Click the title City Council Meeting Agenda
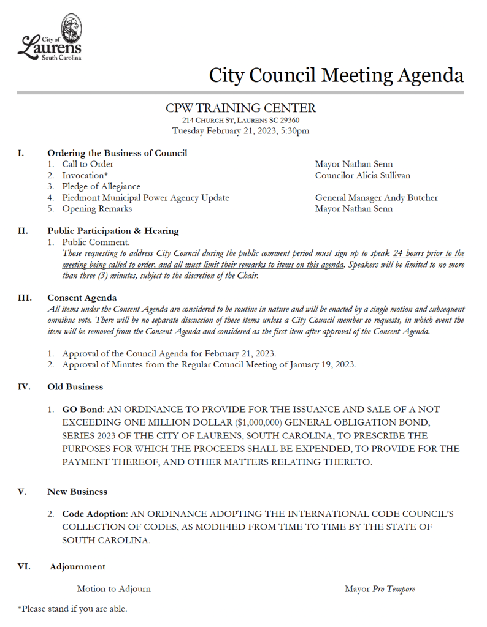pyautogui.click(x=336, y=75)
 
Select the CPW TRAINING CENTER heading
pyautogui.click(x=241, y=108)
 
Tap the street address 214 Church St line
pyautogui.click(x=241, y=121)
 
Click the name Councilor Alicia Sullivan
pyautogui.click(x=362, y=176)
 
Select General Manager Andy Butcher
pyautogui.click(x=376, y=198)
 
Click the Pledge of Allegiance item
pyautogui.click(x=101, y=187)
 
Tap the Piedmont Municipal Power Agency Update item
pyautogui.click(x=145, y=198)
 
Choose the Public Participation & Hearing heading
pyautogui.click(x=113, y=231)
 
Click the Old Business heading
pyautogui.click(x=75, y=387)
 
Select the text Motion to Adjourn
pyautogui.click(x=113, y=589)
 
